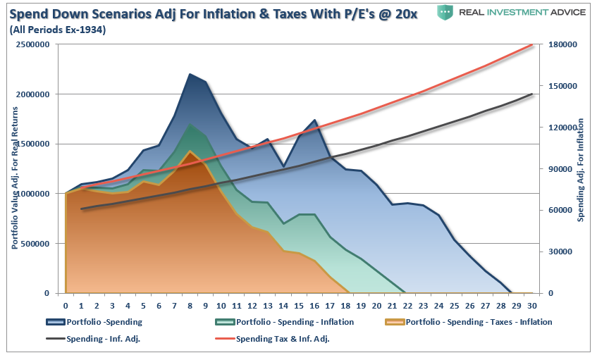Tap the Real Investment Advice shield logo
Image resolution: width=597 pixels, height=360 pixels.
tap(444, 12)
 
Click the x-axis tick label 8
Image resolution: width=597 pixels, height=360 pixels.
tap(190, 305)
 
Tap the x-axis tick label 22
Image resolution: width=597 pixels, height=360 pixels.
tap(407, 305)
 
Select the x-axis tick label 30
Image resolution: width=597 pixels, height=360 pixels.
tap(531, 305)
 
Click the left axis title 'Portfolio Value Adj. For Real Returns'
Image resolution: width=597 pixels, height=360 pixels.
tap(14, 169)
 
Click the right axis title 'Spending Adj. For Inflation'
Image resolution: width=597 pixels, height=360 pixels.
tap(581, 169)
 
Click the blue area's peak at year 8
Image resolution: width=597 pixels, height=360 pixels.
tap(190, 74)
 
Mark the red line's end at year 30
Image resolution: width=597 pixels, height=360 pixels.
tap(531, 44)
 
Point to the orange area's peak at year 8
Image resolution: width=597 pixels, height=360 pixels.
tap(190, 151)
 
